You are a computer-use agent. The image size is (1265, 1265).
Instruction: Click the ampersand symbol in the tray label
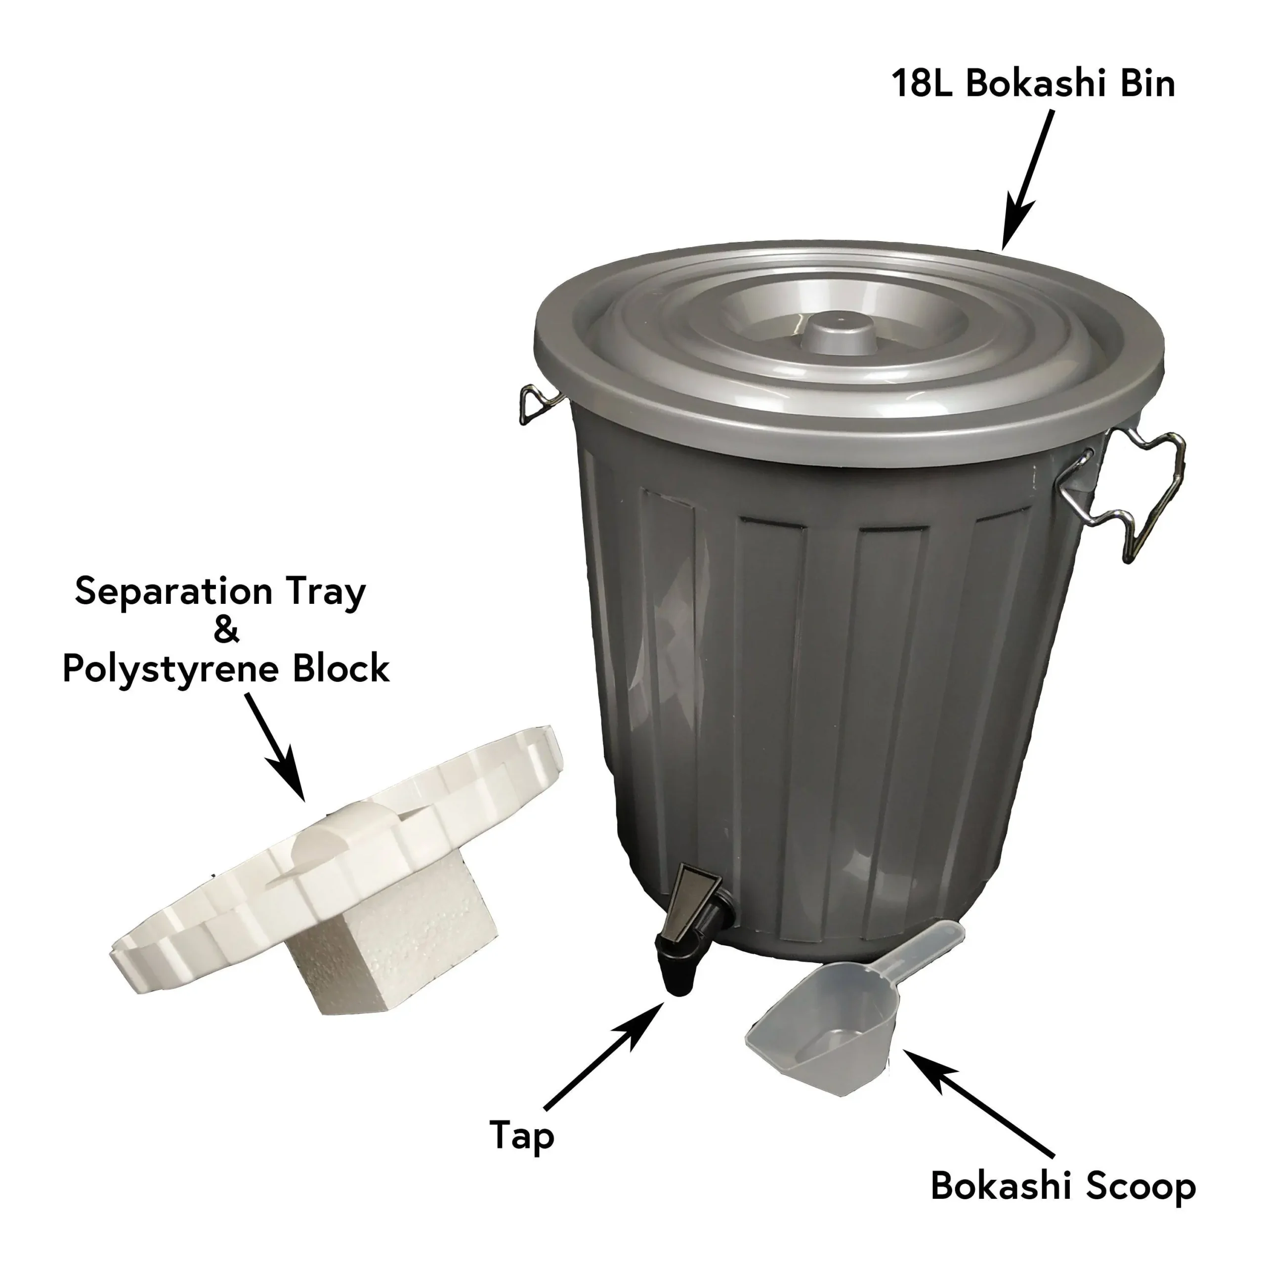click(x=226, y=631)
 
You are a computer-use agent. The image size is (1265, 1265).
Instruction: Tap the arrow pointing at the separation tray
click(x=276, y=747)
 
